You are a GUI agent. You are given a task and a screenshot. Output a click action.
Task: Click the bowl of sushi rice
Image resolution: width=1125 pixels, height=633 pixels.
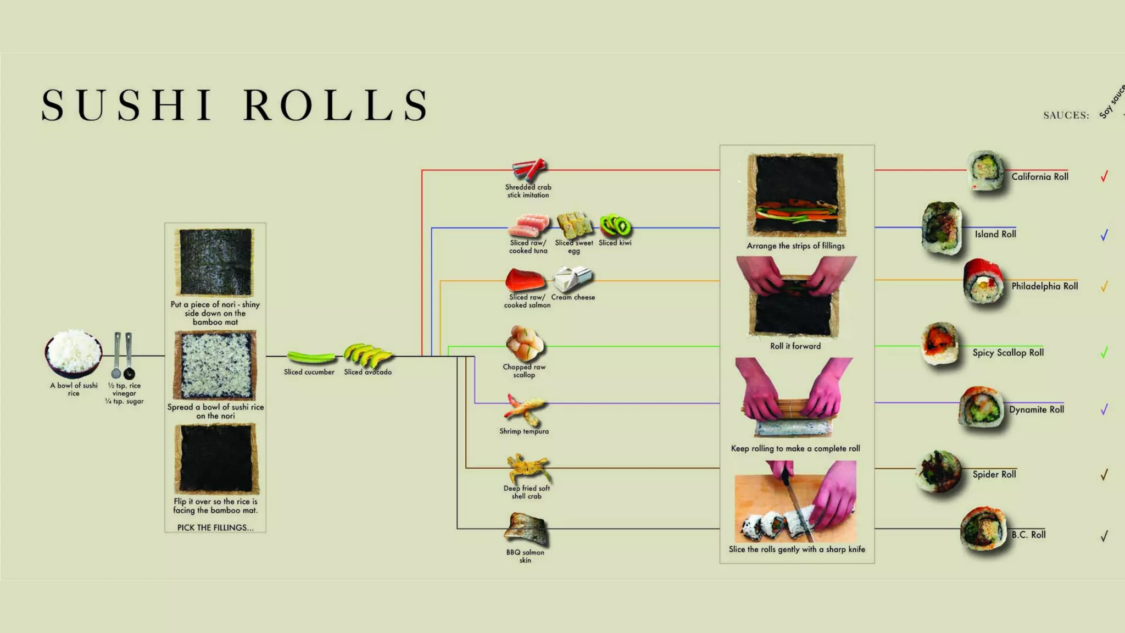tap(73, 353)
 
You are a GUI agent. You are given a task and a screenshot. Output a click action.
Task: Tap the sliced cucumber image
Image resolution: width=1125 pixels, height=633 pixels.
tap(310, 358)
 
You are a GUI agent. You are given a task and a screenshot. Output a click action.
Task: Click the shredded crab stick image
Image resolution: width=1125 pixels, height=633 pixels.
tap(529, 169)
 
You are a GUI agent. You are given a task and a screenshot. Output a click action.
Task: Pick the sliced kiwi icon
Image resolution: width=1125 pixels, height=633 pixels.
tap(615, 225)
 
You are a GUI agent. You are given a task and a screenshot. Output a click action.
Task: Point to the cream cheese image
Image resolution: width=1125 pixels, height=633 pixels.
tap(572, 279)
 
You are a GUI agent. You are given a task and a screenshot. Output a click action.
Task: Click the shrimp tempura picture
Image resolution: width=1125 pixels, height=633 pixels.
tap(525, 410)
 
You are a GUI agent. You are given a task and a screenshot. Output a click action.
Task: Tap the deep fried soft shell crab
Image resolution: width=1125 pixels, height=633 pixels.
tap(527, 469)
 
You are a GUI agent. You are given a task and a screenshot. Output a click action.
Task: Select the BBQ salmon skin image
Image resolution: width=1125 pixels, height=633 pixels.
tap(526, 529)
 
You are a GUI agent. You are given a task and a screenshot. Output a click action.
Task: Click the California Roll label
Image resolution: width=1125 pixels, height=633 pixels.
tap(1040, 177)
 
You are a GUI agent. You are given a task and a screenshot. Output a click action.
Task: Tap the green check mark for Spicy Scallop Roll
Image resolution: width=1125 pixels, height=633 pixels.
tap(1104, 352)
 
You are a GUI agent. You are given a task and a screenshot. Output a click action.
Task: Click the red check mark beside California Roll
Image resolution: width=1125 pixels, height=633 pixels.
tap(1104, 176)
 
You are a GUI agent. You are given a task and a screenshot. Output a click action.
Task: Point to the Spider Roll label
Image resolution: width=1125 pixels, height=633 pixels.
tap(994, 474)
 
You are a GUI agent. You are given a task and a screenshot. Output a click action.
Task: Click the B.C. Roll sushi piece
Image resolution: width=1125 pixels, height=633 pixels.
tap(983, 529)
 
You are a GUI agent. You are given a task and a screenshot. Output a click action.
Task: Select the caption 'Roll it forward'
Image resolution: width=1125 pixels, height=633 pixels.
tap(795, 346)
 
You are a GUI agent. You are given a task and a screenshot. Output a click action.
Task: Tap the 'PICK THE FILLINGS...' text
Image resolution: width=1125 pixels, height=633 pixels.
tap(215, 527)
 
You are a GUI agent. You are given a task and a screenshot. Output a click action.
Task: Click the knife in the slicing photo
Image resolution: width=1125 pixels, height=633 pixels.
tap(797, 506)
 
